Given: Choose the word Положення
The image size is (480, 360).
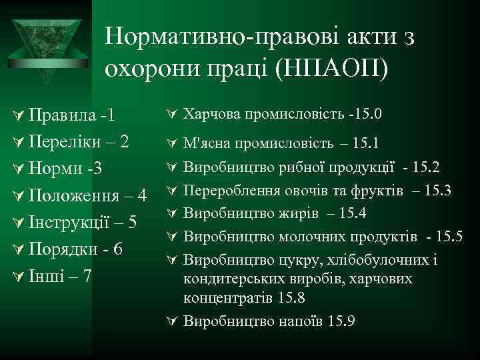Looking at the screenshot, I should coord(77,195).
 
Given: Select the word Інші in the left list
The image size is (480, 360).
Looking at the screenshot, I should coord(46,275).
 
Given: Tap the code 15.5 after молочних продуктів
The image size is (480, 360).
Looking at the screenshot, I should coord(448,236).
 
